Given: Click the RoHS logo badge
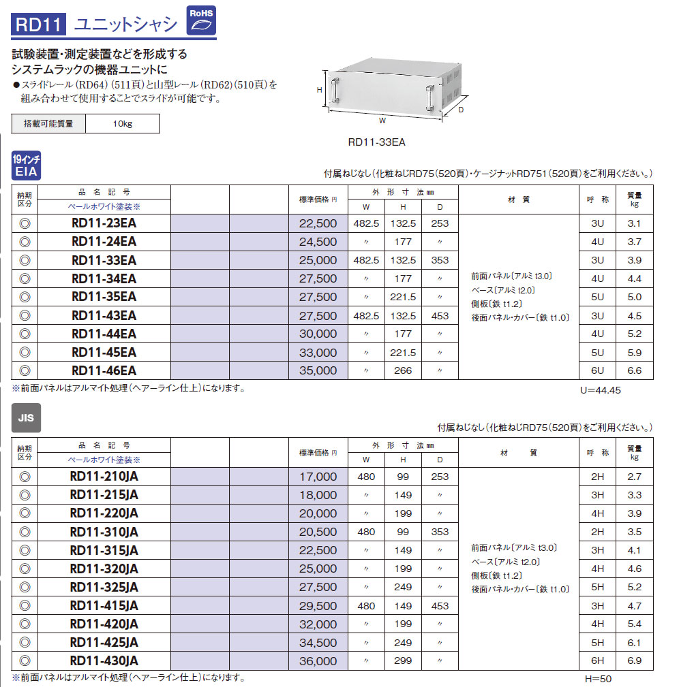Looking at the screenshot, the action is [x=201, y=20].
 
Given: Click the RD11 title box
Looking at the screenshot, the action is [x=39, y=24].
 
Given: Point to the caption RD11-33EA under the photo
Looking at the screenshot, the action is [x=376, y=142].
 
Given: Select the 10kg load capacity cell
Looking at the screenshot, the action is [x=123, y=123].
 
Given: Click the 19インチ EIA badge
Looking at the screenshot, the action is [x=27, y=165].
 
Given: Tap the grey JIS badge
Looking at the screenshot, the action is [x=27, y=418].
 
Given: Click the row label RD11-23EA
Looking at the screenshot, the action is [x=104, y=223].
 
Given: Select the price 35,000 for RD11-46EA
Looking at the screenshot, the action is [x=318, y=370].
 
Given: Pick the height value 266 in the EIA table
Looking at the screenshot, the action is [x=403, y=370].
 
